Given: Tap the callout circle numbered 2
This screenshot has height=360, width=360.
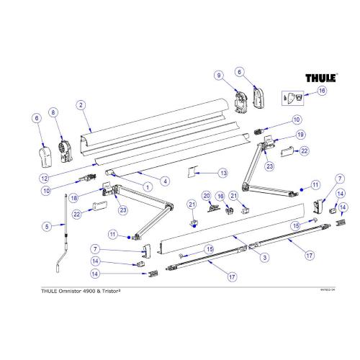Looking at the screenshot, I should (81, 105).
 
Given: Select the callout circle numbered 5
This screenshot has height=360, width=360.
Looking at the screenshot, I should (47, 227).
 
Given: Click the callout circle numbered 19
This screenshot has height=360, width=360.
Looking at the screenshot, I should (282, 134).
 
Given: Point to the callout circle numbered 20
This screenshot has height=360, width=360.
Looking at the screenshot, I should (207, 196).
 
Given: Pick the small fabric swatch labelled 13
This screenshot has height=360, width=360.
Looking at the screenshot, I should (194, 172).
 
